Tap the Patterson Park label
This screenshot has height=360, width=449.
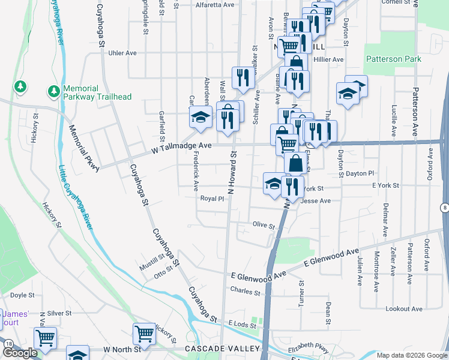coord(393,59)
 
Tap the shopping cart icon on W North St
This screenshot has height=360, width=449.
coord(144,334)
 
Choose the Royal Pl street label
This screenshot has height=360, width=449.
coord(212,198)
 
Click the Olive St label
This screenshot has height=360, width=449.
coord(263,226)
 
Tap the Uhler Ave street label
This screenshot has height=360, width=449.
coord(122,53)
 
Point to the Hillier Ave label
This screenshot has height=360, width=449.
coord(330,59)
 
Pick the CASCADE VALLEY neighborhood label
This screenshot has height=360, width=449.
coord(222,349)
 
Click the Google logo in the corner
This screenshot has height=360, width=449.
coord(20,353)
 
